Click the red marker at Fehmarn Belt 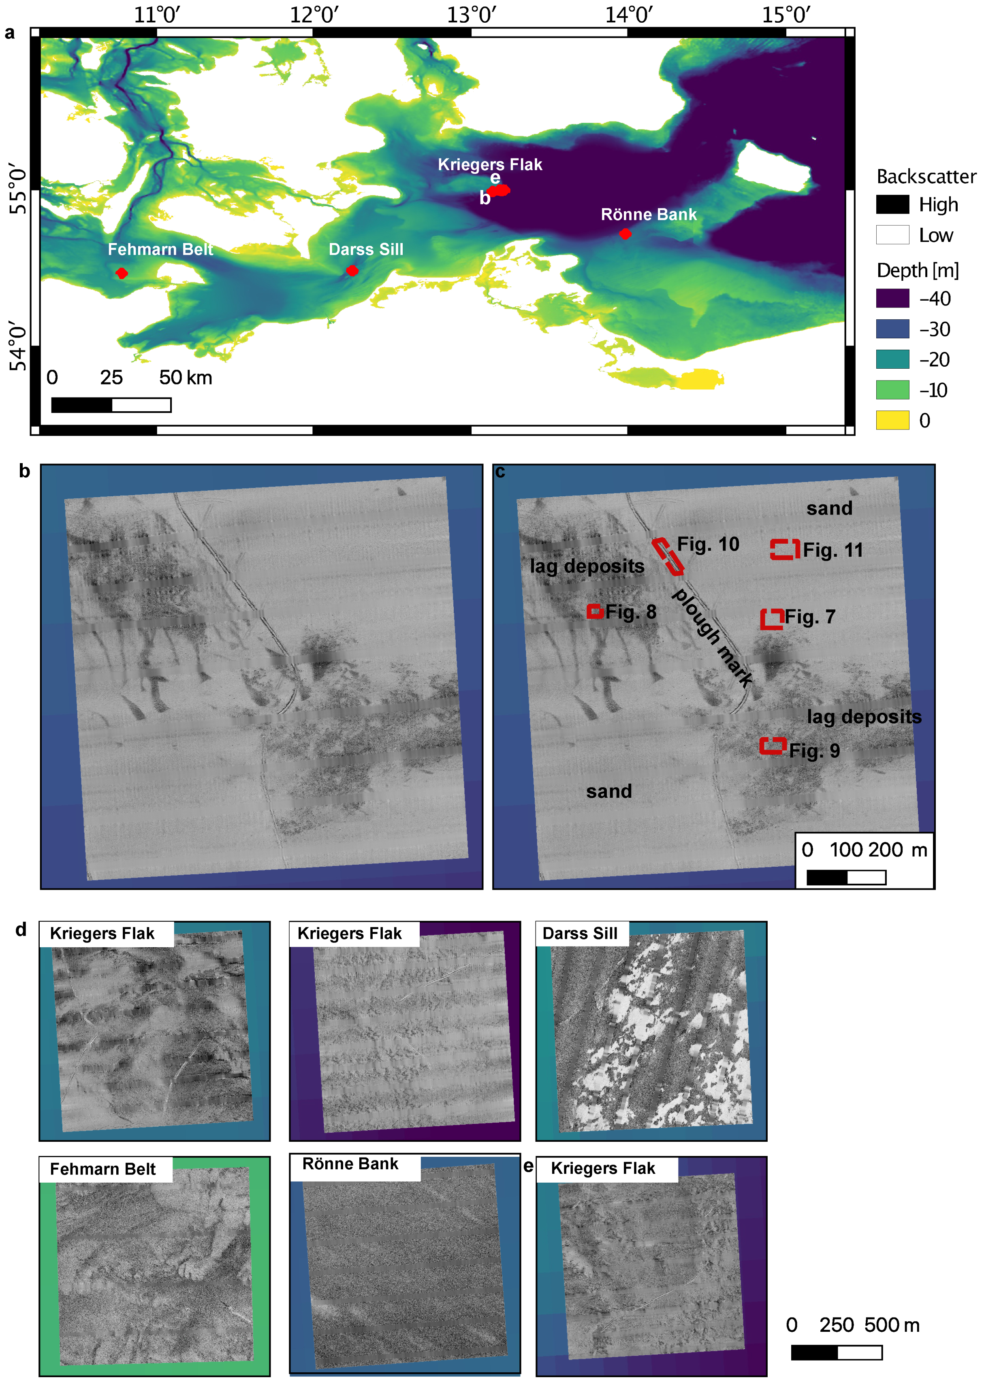click(x=122, y=273)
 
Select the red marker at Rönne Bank click(x=625, y=234)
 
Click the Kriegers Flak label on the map click(x=490, y=164)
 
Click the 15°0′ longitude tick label click(x=786, y=15)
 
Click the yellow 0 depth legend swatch click(x=892, y=420)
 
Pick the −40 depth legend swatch click(x=892, y=298)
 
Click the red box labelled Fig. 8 click(x=594, y=611)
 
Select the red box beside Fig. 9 click(x=773, y=746)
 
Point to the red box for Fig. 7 click(x=772, y=619)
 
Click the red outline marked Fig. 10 click(x=668, y=556)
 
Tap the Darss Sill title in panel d click(x=580, y=934)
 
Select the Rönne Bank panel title click(x=350, y=1164)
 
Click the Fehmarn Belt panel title click(x=103, y=1169)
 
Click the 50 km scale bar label click(x=186, y=378)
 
